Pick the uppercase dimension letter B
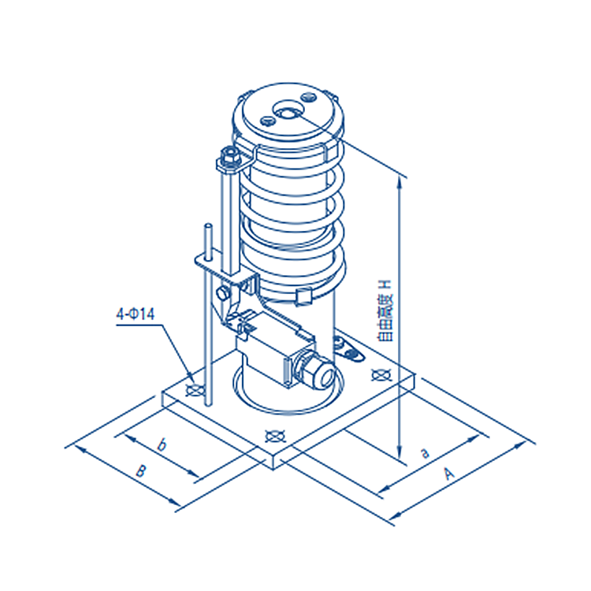tap(140, 471)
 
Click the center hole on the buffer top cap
tap(284, 112)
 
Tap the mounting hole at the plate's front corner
tap(274, 434)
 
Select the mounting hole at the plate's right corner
tap(380, 374)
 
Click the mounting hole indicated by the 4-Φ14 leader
tap(192, 389)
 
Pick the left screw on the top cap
tap(266, 121)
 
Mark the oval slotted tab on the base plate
tap(340, 344)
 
